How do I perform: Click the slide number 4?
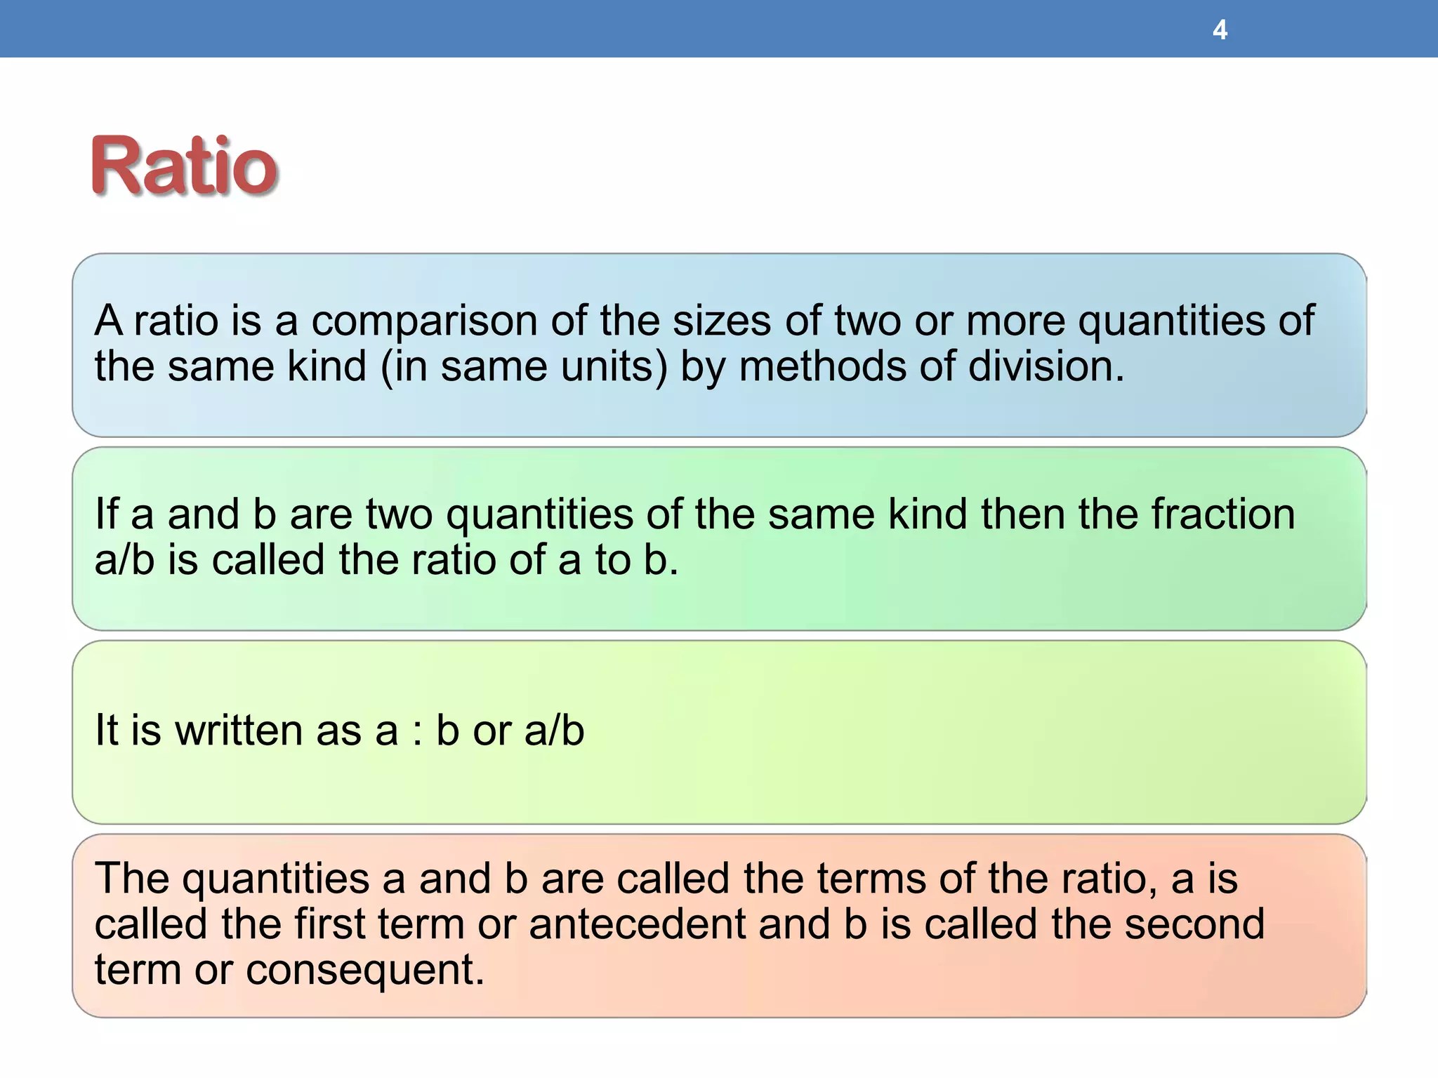[x=1220, y=30]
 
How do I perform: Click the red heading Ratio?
[x=184, y=166]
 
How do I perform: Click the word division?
[x=1045, y=366]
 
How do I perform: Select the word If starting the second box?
[x=106, y=514]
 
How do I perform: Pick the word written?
[x=238, y=730]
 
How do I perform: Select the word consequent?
[x=364, y=970]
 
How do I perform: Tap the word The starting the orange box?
[x=132, y=878]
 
